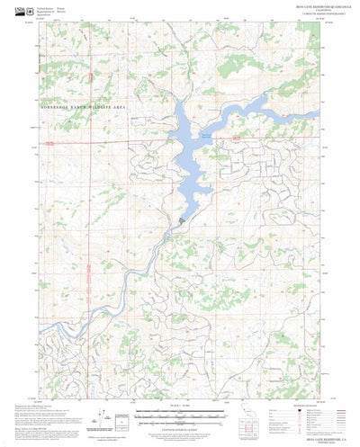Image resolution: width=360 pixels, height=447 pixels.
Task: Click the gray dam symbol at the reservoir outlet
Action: pos(183,219)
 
